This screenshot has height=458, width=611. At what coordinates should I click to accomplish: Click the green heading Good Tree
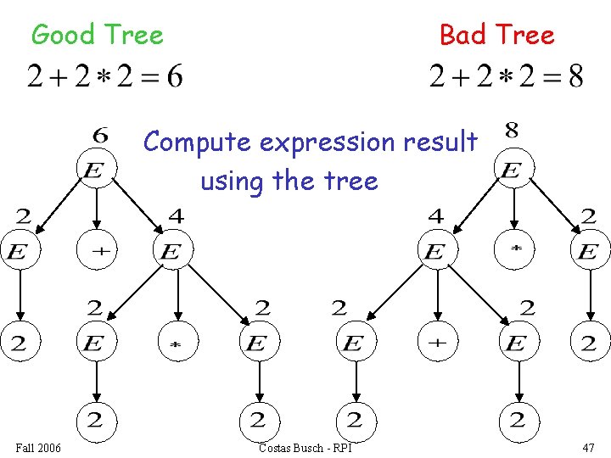coord(97,36)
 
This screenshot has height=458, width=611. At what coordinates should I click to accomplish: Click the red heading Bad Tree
coord(496,36)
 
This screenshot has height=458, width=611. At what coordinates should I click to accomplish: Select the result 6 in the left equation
coord(173,77)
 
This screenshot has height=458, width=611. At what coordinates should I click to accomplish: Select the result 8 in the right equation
coord(575,77)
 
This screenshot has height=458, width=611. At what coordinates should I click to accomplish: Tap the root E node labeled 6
coord(97,170)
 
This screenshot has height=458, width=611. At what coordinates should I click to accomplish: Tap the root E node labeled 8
coord(512,170)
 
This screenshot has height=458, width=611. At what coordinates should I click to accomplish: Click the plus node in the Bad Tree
coord(436,343)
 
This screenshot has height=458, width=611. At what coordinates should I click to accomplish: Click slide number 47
coord(588,447)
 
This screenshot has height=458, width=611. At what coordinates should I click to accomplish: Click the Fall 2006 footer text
coord(38,447)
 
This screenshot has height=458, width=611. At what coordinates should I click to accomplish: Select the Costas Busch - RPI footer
coord(305,447)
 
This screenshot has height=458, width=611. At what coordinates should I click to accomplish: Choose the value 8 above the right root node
coord(513,131)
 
